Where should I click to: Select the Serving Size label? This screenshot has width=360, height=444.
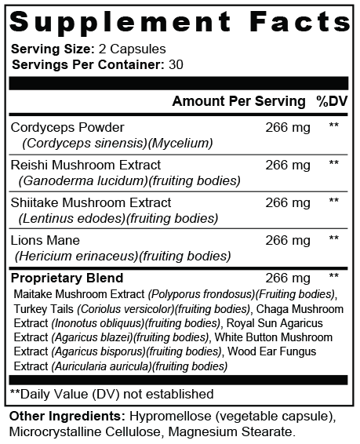(43, 49)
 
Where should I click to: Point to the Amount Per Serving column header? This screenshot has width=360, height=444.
(238, 101)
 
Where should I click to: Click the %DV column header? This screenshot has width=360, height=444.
(332, 101)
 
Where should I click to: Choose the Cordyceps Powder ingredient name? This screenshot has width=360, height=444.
(67, 127)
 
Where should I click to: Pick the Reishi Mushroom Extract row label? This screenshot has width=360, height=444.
(85, 165)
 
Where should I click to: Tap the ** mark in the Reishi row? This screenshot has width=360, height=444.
(334, 165)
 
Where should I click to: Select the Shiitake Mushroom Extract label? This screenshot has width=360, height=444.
(90, 202)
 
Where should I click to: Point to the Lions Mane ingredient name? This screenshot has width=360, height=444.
(45, 240)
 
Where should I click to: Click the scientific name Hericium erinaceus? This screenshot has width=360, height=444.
(75, 256)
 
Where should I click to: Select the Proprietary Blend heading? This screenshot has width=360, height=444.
(67, 278)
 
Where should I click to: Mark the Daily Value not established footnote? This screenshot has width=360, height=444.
(111, 394)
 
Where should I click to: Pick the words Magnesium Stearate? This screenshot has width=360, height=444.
(248, 430)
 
